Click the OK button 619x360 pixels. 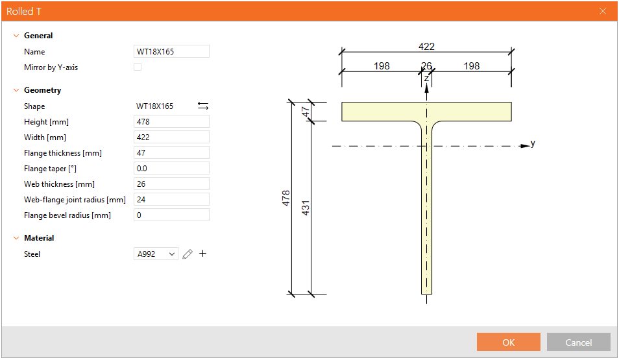[508, 342]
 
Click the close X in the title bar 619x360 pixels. [603, 11]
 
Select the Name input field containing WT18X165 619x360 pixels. [171, 52]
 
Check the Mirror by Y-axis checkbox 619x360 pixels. [138, 67]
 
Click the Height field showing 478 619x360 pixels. [171, 122]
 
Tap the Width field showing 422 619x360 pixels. [171, 138]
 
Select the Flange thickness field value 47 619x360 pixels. [171, 153]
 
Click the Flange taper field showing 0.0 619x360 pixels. [171, 169]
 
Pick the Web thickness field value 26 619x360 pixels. [171, 184]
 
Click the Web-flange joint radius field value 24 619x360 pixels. [171, 200]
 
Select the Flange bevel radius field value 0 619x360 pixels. [171, 215]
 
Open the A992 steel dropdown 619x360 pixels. [156, 254]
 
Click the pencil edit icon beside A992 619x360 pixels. [188, 254]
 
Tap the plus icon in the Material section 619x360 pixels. [202, 254]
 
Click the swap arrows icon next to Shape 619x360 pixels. [203, 106]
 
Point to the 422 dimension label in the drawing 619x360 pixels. [426, 47]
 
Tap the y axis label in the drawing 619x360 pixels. [533, 143]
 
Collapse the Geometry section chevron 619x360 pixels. [16, 90]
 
